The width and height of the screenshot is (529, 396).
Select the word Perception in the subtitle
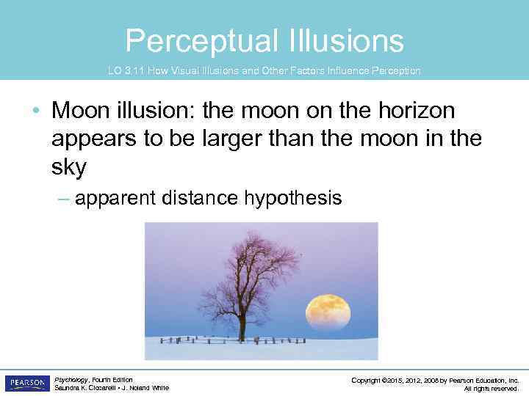tap(395, 71)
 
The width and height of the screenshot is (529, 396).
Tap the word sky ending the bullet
tap(69, 167)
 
